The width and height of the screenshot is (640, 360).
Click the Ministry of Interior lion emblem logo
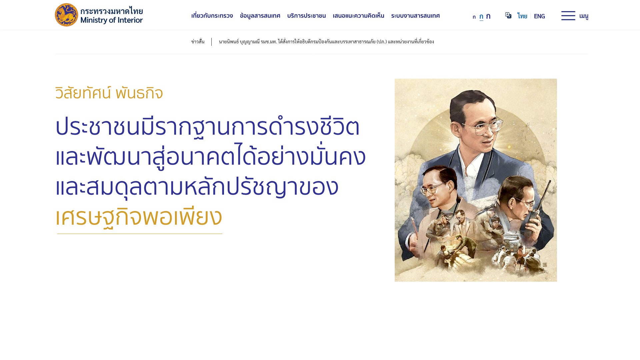[x=66, y=15]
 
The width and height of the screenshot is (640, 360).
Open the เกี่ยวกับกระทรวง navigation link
[x=212, y=16]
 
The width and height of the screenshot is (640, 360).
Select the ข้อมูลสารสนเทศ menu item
[x=260, y=16]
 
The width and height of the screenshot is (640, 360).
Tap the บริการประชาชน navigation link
[x=306, y=16]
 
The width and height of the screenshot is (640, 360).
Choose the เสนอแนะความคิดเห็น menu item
[x=358, y=16]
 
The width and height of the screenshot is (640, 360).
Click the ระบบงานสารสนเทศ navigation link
[x=415, y=16]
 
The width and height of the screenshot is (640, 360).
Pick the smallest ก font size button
[x=474, y=17]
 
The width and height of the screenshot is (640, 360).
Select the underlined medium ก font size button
[x=481, y=16]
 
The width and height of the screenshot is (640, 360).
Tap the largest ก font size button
[x=488, y=16]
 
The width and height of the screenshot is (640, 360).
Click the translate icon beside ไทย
[x=508, y=15]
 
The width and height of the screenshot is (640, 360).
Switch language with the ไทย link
[x=522, y=16]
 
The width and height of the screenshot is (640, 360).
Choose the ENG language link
[x=539, y=16]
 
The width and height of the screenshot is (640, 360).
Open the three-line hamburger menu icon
[x=568, y=16]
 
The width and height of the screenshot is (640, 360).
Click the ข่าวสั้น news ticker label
[x=198, y=42]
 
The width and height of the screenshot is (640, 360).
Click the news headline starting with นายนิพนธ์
[x=326, y=42]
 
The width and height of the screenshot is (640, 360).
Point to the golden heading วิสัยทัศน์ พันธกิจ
[x=109, y=93]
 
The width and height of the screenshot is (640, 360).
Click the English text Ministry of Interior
[x=112, y=20]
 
